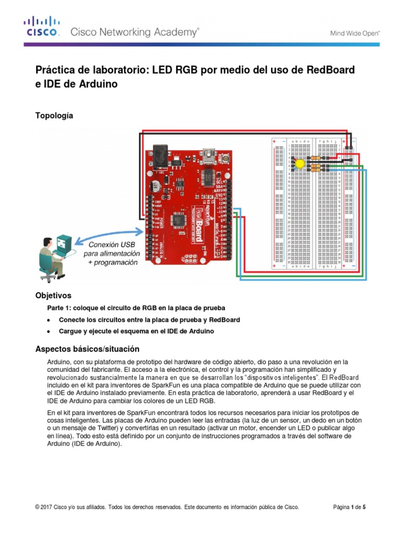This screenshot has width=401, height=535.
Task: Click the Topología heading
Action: click(x=54, y=115)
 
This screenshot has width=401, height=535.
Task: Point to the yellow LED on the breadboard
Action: click(x=300, y=164)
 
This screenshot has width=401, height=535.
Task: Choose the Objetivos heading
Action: click(x=53, y=295)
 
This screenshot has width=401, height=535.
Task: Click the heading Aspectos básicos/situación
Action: click(x=87, y=348)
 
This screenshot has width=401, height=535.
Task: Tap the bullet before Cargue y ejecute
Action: click(x=49, y=332)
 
